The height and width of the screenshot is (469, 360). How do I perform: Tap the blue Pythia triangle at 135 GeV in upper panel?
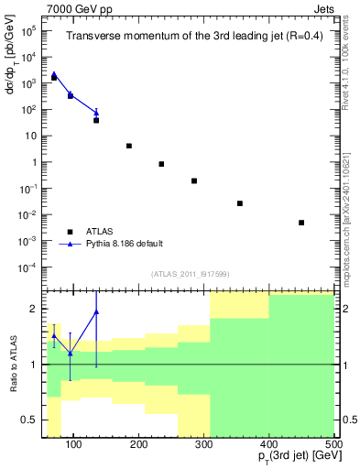96,113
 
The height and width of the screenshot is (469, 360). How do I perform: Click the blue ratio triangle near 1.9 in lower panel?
96,312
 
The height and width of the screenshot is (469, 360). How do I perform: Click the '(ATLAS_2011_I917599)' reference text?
190,272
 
